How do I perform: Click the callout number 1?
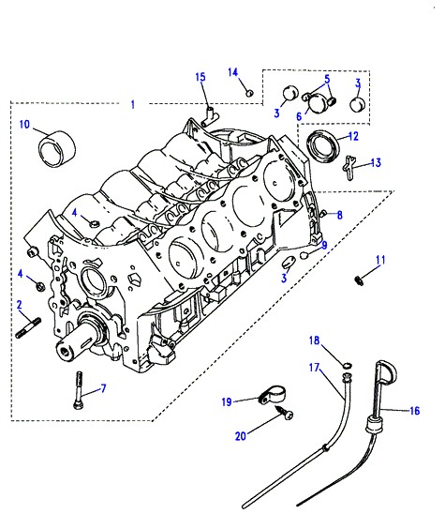(x=133, y=105)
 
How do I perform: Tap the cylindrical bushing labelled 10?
(x=56, y=149)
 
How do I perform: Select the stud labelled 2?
(x=28, y=327)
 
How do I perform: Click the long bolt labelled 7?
(x=78, y=391)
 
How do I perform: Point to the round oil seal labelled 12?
(x=323, y=146)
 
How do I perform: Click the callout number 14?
(x=232, y=72)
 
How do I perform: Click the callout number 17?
(x=314, y=367)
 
